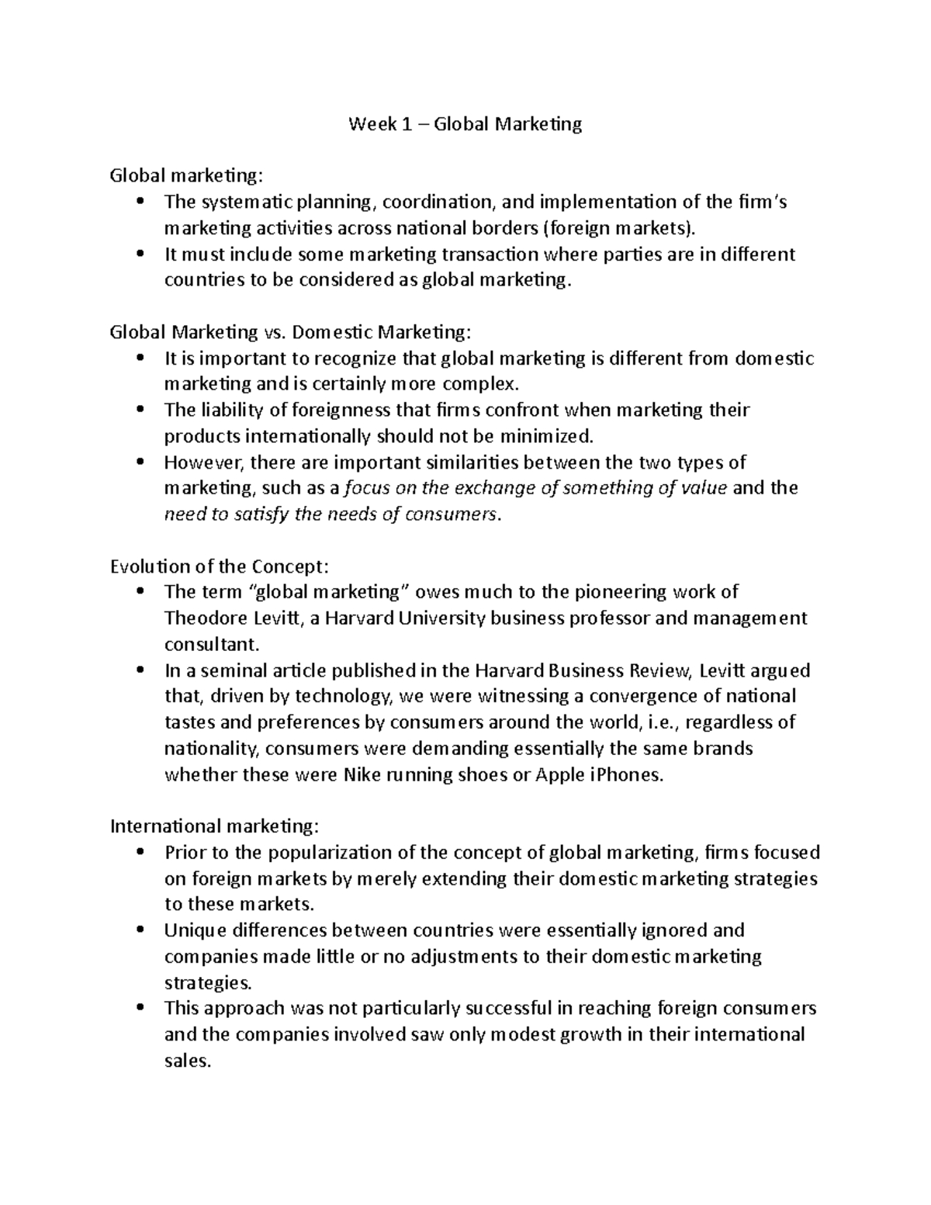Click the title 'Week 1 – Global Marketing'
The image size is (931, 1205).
(x=465, y=124)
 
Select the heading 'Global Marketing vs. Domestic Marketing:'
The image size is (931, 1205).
(x=290, y=332)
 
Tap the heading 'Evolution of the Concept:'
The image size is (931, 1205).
(x=225, y=566)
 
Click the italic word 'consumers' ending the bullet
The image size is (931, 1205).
(x=455, y=514)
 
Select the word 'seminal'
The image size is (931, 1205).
(x=230, y=670)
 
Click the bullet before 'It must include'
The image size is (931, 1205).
(x=140, y=255)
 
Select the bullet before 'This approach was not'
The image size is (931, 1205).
(x=140, y=1008)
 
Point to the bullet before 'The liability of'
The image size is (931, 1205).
(x=140, y=410)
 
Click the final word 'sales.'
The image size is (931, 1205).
(x=188, y=1061)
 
